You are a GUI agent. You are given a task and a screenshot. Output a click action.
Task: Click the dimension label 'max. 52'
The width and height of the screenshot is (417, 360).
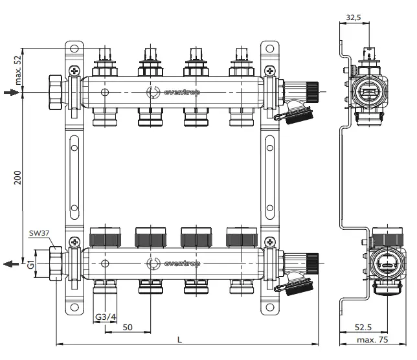[x=17, y=66]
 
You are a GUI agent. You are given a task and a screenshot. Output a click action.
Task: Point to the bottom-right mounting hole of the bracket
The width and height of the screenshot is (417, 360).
[x=269, y=307]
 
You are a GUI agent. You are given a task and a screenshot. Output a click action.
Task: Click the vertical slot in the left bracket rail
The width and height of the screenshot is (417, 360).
[x=74, y=177]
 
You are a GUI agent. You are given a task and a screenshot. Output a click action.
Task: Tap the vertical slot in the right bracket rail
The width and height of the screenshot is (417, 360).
[x=269, y=177]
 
